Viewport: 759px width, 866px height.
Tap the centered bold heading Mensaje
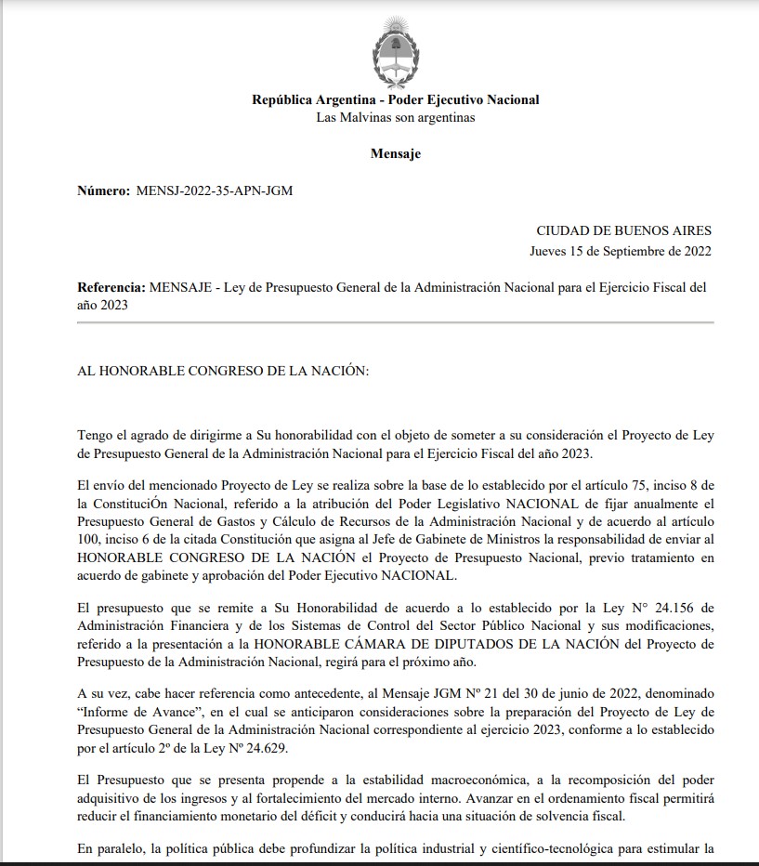(x=396, y=153)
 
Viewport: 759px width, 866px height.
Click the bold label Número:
(x=104, y=190)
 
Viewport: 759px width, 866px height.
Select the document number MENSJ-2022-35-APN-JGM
(x=215, y=190)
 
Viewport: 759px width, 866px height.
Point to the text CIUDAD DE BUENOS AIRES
(x=623, y=230)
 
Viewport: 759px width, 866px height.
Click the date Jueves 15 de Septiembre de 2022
(x=621, y=251)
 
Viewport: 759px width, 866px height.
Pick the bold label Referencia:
(x=111, y=287)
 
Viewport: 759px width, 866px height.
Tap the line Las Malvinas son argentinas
(x=395, y=118)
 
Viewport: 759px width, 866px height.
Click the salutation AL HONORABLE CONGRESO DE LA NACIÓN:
(x=223, y=371)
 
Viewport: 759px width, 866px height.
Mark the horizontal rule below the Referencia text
(x=396, y=322)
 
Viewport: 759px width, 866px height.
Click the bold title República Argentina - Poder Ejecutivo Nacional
(x=395, y=100)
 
